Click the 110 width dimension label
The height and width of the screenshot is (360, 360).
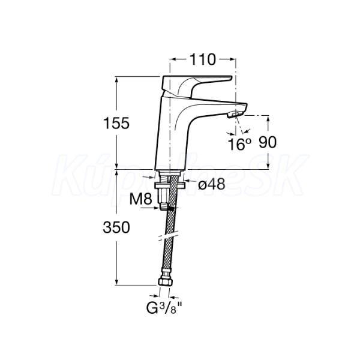(203, 59)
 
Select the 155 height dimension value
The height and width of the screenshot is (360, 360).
(116, 123)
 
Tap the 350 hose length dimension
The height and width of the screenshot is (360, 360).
(116, 227)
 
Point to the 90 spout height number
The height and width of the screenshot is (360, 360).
(268, 142)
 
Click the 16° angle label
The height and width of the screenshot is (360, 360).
(239, 144)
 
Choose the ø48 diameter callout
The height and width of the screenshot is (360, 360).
(211, 184)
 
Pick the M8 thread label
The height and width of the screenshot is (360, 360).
(141, 199)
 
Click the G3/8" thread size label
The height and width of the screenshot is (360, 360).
(164, 308)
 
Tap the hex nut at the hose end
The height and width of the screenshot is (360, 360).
(165, 282)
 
